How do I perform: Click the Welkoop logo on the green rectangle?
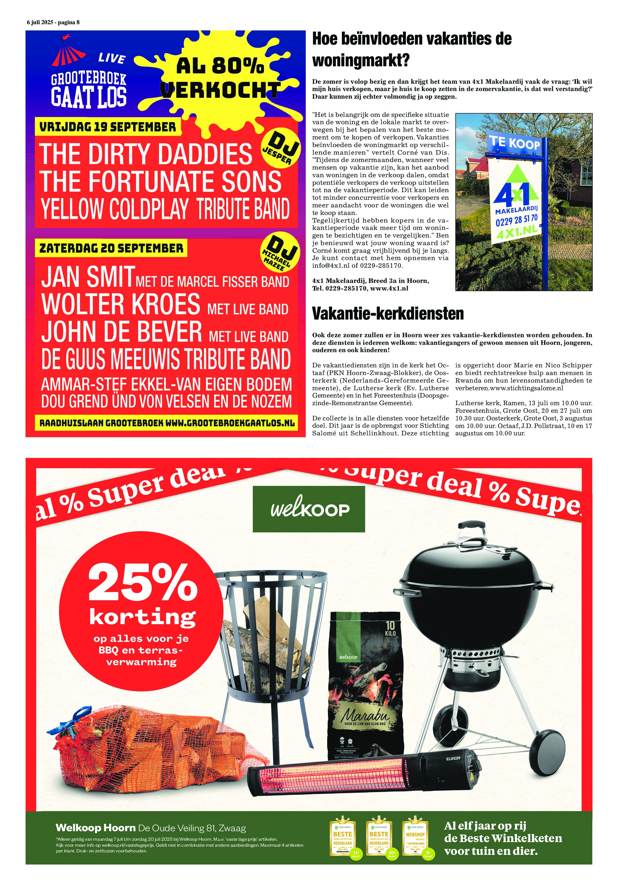point(309,509)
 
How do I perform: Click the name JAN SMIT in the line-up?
point(88,277)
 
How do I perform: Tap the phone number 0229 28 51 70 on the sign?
point(516,220)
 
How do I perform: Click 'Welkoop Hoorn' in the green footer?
point(96,828)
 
